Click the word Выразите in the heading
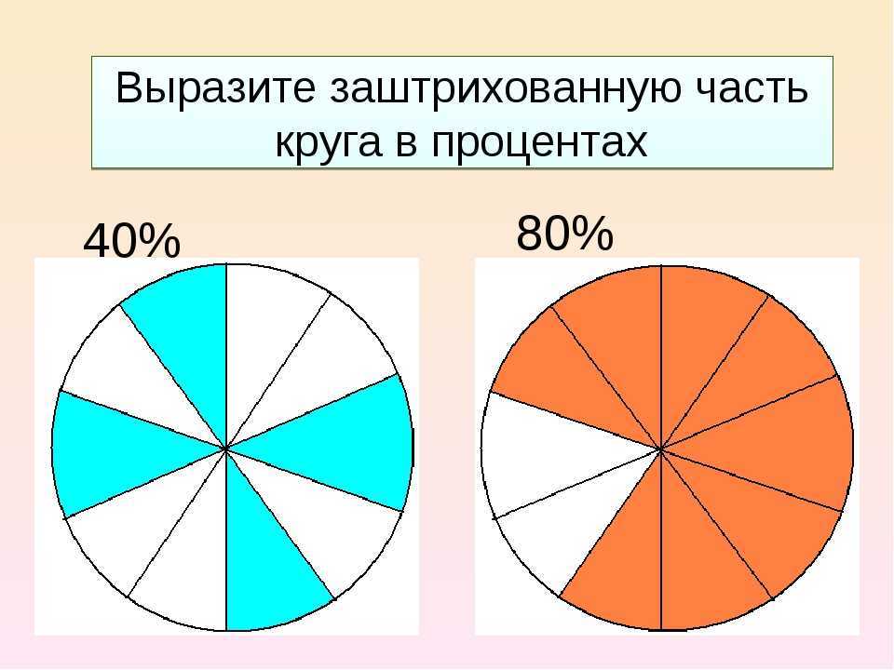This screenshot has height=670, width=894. coord(215,87)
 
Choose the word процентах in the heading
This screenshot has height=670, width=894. coord(539,142)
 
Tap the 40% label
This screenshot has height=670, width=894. coord(131,240)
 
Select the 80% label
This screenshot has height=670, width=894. coord(564,233)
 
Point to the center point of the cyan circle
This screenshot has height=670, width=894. coord(227,449)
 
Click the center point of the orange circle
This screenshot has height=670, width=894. coord(661,449)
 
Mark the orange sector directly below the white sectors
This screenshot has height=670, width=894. coord(621,564)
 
